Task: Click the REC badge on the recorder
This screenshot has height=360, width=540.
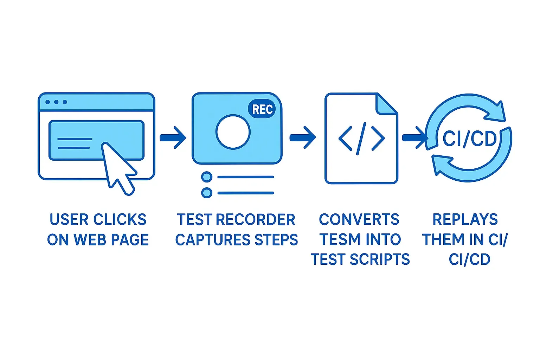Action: coord(262,109)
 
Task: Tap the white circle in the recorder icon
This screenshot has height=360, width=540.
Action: coord(233,132)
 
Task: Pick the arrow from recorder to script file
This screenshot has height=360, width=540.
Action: coord(303,137)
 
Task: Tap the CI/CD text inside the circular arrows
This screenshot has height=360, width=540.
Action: coord(469,139)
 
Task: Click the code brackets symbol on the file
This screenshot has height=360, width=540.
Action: coord(361,139)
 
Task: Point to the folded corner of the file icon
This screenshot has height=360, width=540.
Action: coord(386,104)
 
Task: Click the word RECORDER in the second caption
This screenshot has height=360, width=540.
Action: coord(255,220)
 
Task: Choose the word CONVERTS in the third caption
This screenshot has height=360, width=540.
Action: coord(359,220)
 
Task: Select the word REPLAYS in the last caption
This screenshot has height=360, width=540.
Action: coord(465,220)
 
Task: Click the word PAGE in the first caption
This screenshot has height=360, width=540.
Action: coord(130,240)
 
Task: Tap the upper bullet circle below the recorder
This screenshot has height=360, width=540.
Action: coord(207,177)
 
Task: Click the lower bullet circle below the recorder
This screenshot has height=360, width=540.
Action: coord(207,193)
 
